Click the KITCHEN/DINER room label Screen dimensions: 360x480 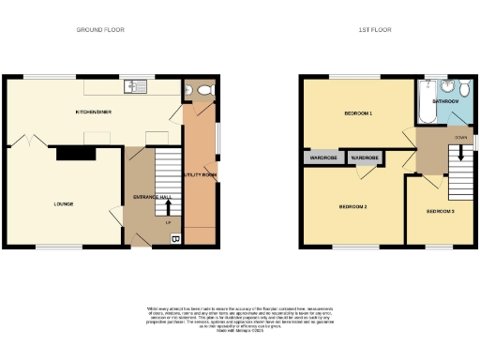click(95, 112)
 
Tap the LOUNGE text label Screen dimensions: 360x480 click(64, 203)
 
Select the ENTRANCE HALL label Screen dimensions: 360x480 click(152, 197)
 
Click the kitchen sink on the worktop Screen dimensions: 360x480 click(136, 88)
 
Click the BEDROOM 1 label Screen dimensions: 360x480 click(358, 113)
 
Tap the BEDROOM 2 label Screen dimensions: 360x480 click(352, 206)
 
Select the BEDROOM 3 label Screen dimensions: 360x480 click(441, 212)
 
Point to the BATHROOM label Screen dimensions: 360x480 click(444, 100)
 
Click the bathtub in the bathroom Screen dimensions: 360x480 click(424, 104)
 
